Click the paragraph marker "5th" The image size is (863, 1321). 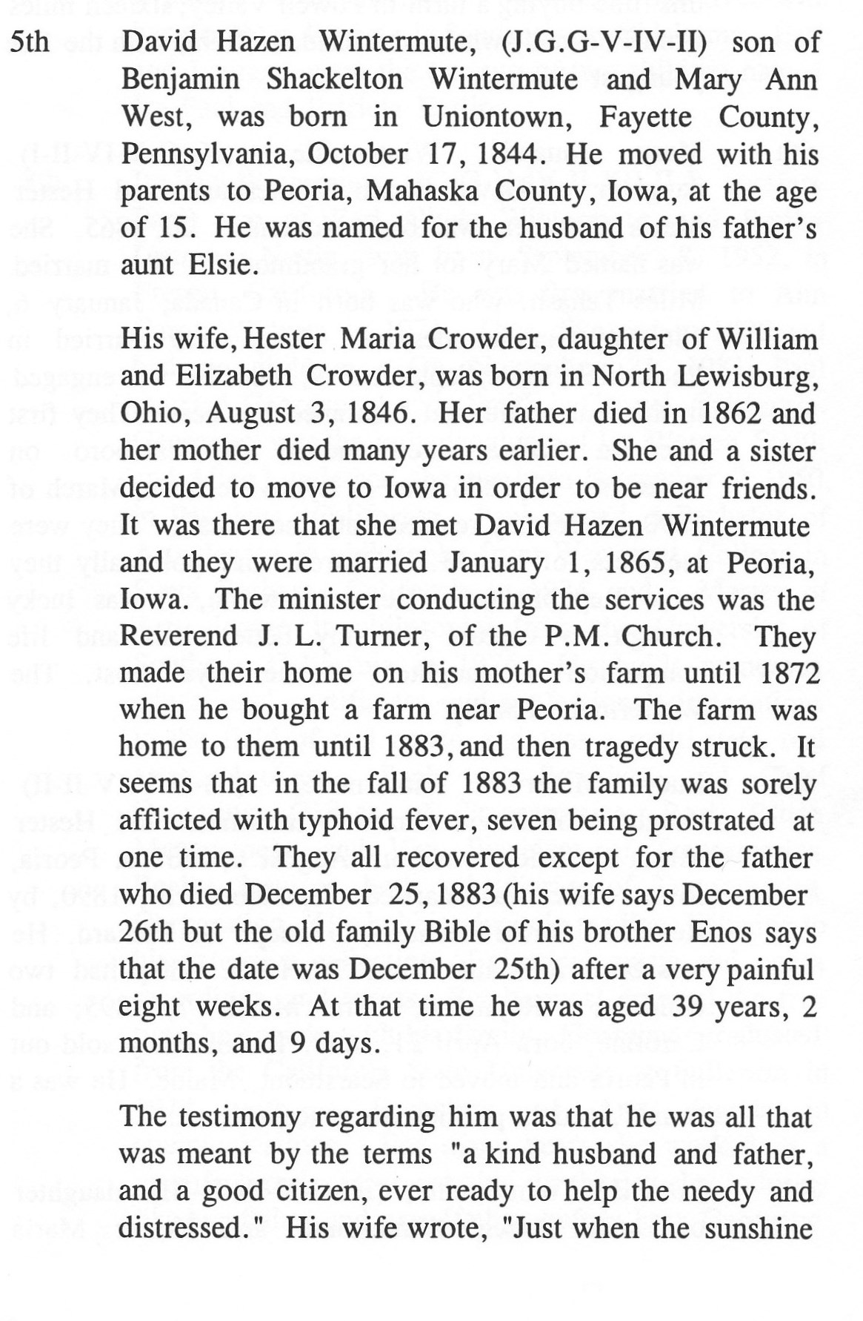30,42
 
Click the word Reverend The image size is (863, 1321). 179,636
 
